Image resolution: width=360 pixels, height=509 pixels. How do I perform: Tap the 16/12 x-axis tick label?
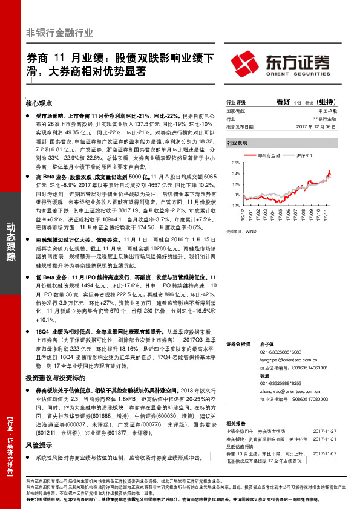click(x=244, y=215)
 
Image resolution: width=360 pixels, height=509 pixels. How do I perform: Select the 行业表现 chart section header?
click(x=237, y=144)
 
